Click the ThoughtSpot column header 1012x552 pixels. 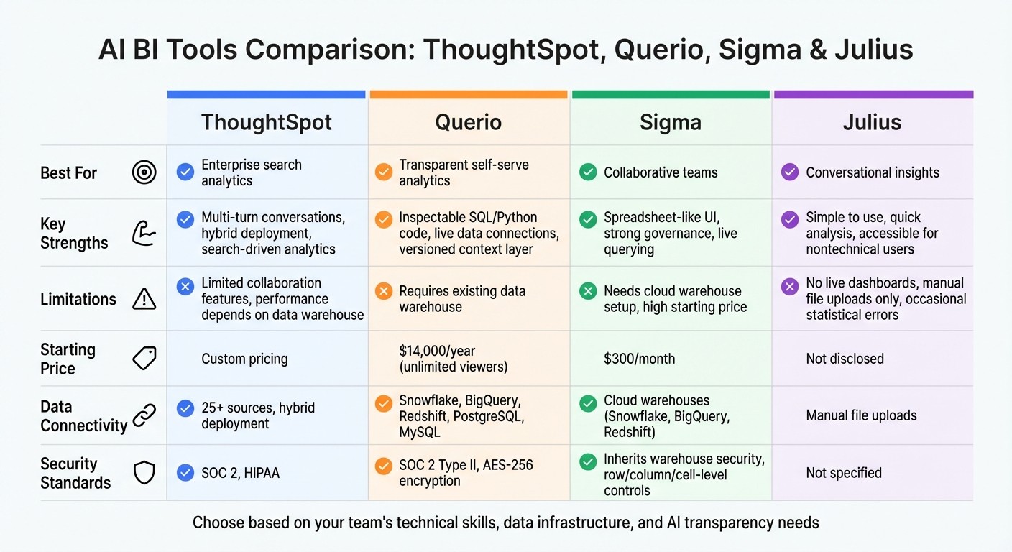[266, 122]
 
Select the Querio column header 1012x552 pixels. [469, 122]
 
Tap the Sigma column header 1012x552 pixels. [670, 122]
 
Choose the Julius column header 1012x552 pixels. [872, 122]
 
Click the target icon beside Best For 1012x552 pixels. [144, 172]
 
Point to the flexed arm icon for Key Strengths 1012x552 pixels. [144, 234]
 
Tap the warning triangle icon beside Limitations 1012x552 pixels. [144, 299]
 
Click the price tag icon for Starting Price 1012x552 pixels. [144, 358]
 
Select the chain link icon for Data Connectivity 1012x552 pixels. [144, 415]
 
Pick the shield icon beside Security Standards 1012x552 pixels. [144, 472]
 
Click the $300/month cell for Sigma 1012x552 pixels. [639, 359]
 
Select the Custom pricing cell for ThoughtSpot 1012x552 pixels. [244, 359]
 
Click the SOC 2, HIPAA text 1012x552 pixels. [240, 473]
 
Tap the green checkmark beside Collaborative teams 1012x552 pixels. [588, 172]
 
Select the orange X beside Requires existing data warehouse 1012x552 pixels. [384, 291]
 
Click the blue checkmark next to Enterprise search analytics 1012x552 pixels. [185, 172]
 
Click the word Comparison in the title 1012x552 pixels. [327, 50]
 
